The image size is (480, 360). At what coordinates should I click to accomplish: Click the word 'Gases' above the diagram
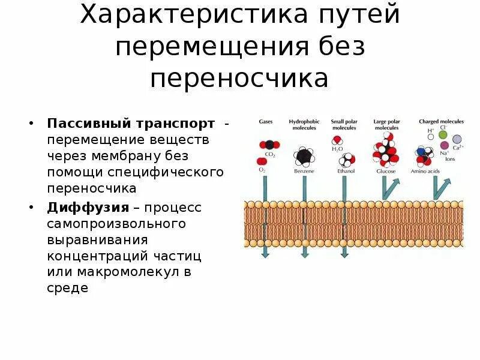pos(266,121)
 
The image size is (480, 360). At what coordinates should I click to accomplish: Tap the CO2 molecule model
pos(269,145)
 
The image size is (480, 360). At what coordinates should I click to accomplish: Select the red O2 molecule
pos(262,161)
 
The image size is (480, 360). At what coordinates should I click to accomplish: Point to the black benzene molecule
pos(304,156)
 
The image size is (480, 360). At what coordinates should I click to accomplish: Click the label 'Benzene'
pos(304,171)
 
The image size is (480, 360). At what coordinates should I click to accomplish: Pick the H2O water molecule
pos(338,140)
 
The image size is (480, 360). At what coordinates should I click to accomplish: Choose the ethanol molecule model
pos(346,160)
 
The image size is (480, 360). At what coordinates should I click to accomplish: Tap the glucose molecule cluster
pos(385,152)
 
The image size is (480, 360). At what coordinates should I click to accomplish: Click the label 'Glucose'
pos(385,171)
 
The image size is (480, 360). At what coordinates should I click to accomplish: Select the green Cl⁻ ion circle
pos(443,134)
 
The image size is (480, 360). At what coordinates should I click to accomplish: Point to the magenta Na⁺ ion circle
pos(445,145)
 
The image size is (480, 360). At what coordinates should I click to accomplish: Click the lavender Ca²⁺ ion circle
pos(457,139)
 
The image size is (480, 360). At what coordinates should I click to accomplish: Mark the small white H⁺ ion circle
pos(430,136)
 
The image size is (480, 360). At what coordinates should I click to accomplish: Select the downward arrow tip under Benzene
pos(305,254)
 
